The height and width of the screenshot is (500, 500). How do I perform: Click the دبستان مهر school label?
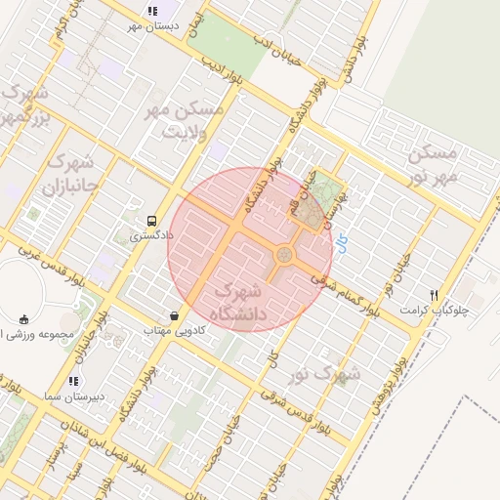click(151, 25)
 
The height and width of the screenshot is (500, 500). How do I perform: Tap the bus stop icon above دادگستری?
click(151, 222)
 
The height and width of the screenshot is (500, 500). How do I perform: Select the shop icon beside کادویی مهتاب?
click(174, 316)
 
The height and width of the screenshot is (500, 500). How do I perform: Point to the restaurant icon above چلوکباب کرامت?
click(434, 296)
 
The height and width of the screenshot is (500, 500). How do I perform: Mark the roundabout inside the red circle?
click(284, 255)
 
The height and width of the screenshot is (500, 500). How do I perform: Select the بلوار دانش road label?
click(354, 60)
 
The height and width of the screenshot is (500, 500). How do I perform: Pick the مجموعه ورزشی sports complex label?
click(37, 334)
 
